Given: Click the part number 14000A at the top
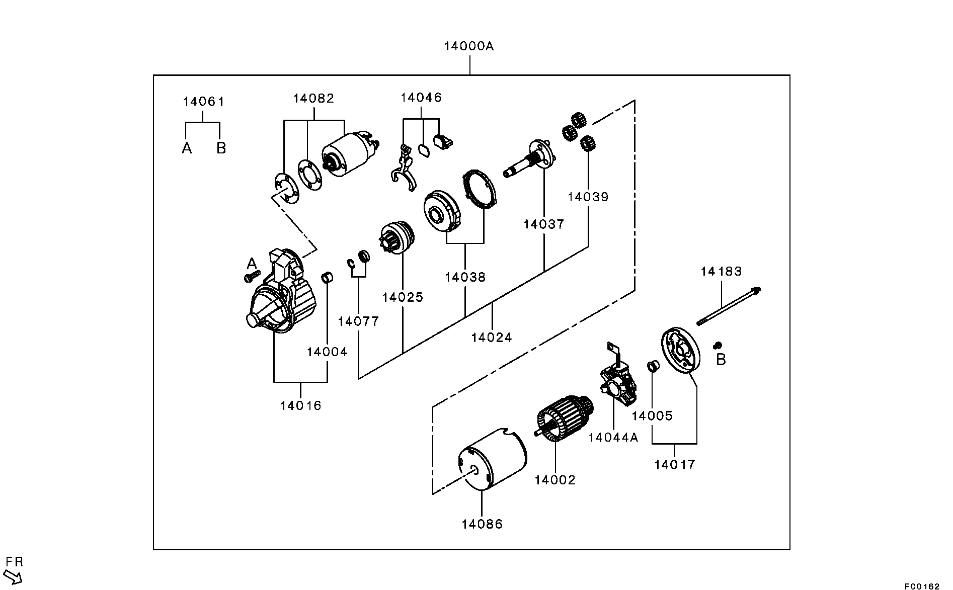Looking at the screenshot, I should click(468, 46).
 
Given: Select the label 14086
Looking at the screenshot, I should click(482, 524).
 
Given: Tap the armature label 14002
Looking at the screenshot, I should click(554, 480).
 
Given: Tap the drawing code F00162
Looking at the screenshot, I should click(921, 586).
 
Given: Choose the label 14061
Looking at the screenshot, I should click(203, 102).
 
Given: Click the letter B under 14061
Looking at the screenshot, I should click(221, 148).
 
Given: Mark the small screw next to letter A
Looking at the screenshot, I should click(251, 276).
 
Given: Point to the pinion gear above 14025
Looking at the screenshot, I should click(396, 240).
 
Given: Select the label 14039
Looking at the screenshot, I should click(588, 197).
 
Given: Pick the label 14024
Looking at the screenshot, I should click(491, 337).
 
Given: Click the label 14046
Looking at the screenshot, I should click(421, 98).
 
